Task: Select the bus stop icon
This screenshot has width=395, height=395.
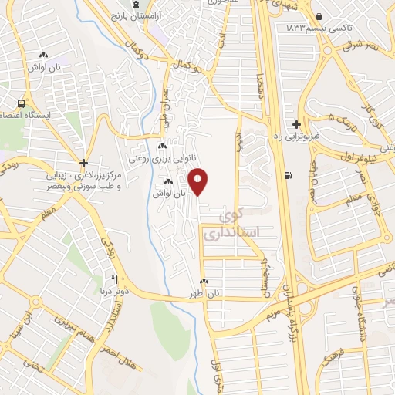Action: click(x=22, y=103)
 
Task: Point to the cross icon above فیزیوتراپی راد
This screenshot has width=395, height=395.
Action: click(x=297, y=124)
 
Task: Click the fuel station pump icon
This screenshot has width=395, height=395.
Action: click(x=288, y=175)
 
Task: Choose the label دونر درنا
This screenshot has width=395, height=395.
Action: click(x=112, y=291)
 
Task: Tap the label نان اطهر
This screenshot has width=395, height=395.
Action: click(x=204, y=294)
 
